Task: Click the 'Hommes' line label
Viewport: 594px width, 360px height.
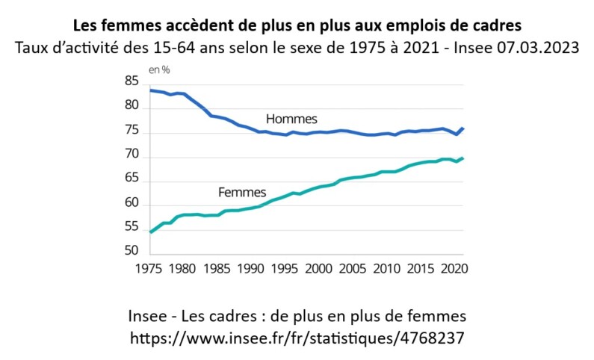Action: click(x=291, y=119)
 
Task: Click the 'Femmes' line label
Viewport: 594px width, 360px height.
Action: click(x=242, y=192)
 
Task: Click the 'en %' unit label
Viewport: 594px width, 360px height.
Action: click(x=158, y=70)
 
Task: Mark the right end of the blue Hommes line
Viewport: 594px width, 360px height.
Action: click(x=464, y=128)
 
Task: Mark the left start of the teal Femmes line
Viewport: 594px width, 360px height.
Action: click(x=151, y=232)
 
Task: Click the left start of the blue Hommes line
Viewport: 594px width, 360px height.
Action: click(x=151, y=90)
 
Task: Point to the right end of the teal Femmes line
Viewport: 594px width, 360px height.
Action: click(x=464, y=158)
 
